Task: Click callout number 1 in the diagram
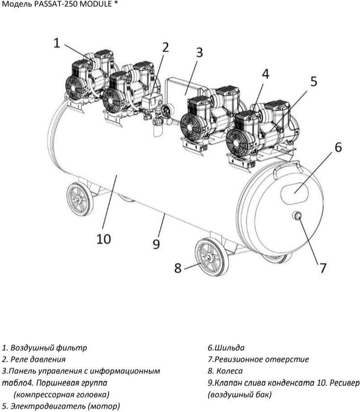click(x=56, y=43)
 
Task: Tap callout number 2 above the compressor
click(x=166, y=47)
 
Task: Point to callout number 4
click(x=265, y=73)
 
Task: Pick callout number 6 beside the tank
click(x=338, y=147)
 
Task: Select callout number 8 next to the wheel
click(x=178, y=268)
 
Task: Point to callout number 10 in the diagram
click(x=103, y=239)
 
